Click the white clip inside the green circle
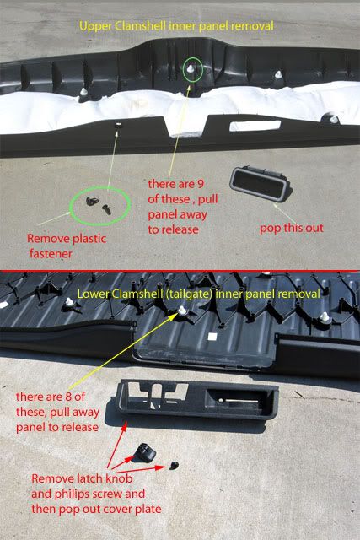click(191, 69)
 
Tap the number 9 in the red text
click(201, 184)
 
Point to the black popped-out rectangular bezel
click(261, 183)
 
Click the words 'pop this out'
click(292, 228)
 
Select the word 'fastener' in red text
click(51, 254)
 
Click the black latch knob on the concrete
click(144, 452)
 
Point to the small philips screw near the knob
click(175, 465)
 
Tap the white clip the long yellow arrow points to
click(182, 310)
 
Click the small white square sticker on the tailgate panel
click(212, 337)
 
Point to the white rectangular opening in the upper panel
click(255, 126)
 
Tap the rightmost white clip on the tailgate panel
click(325, 317)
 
